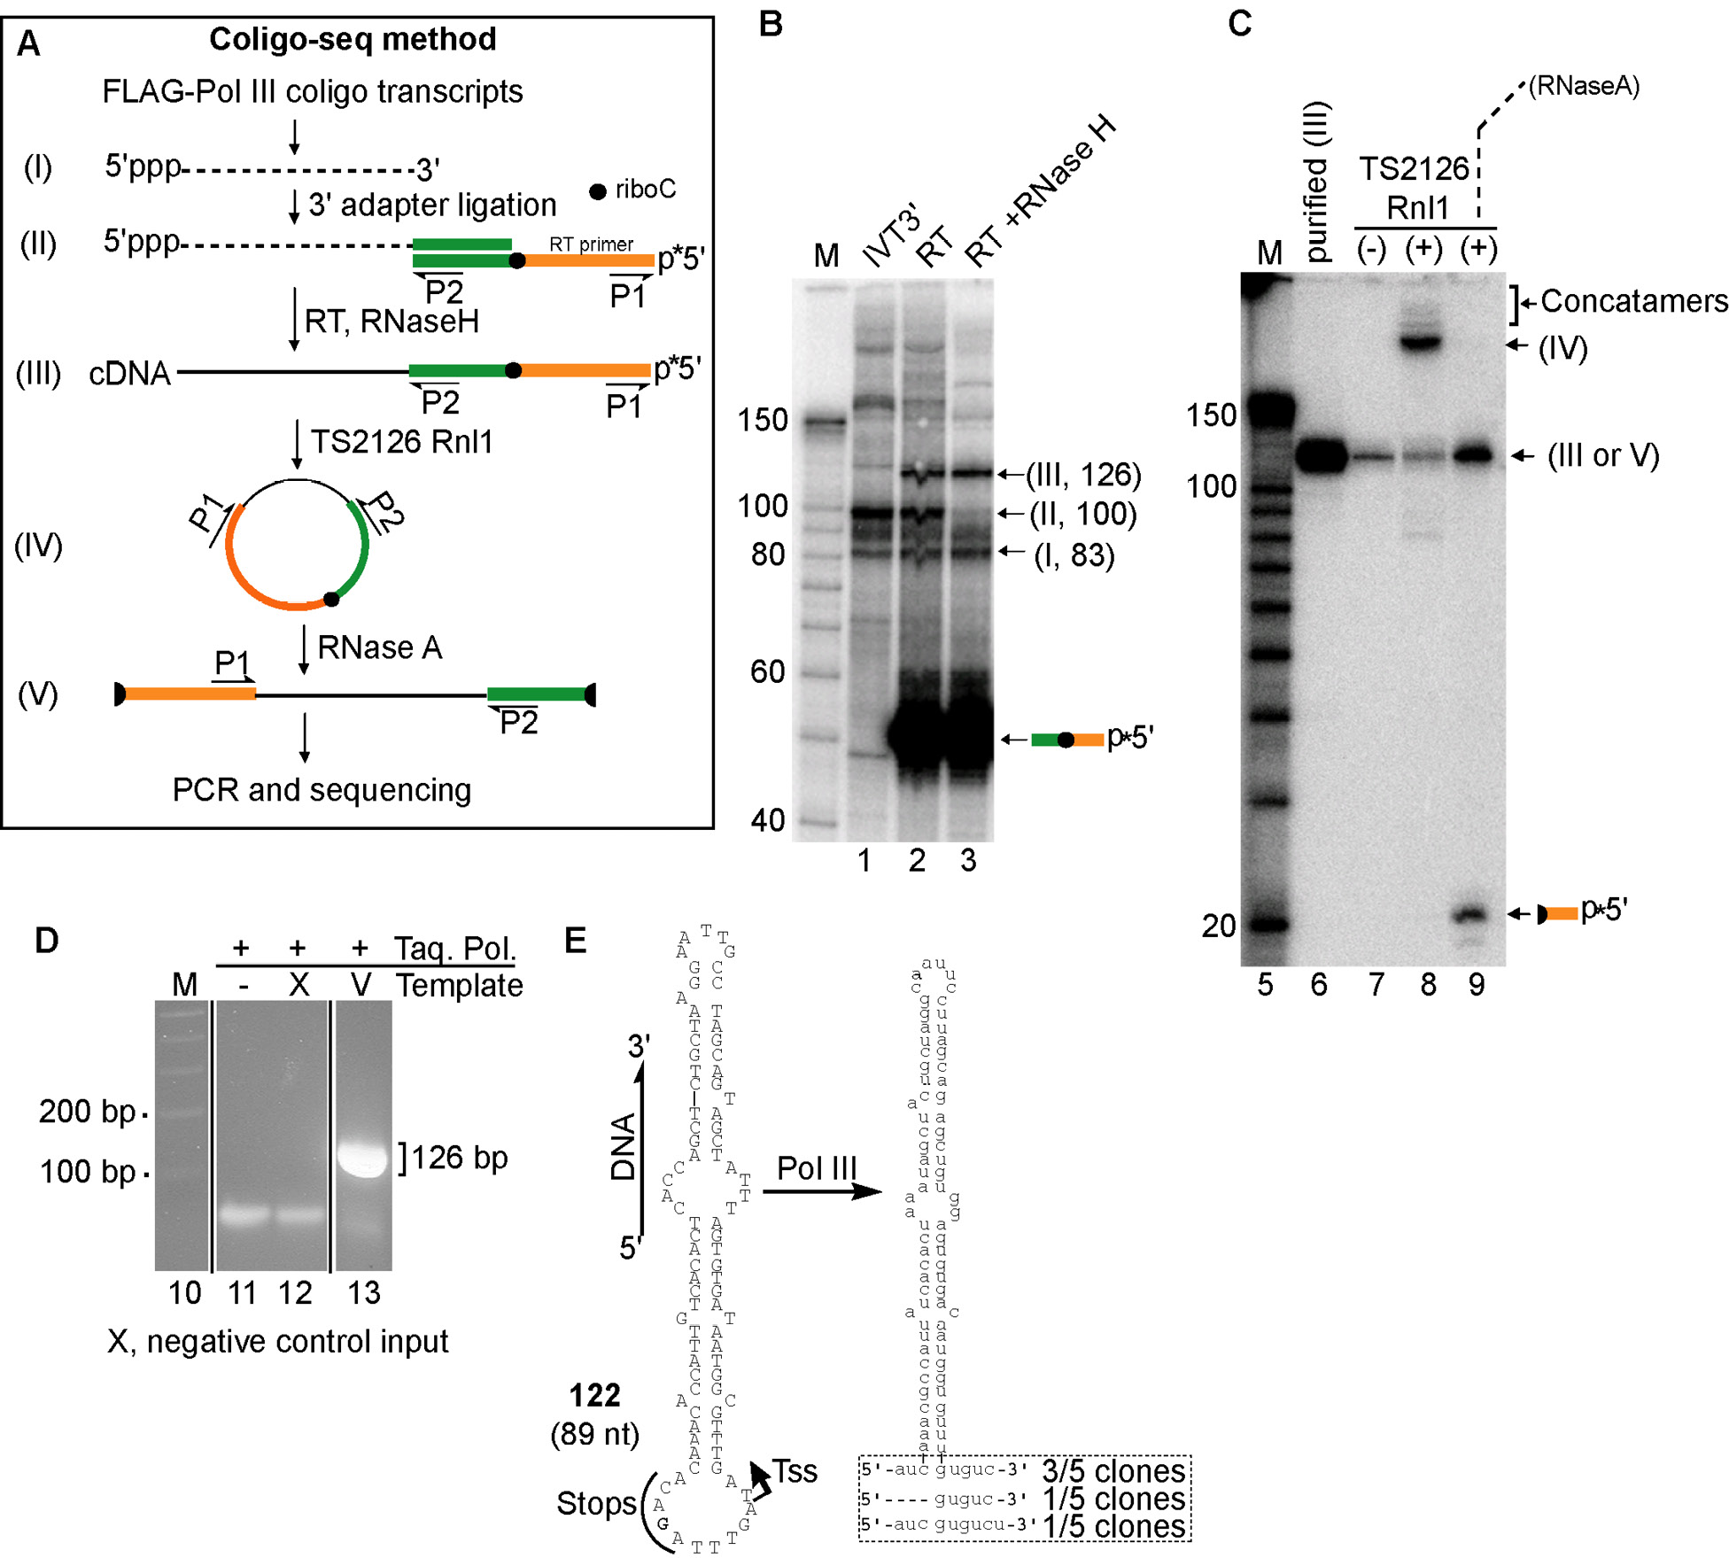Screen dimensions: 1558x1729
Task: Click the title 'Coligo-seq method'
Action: [x=352, y=39]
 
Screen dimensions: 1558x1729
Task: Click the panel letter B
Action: [x=771, y=24]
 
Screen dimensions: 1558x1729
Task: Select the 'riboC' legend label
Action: [x=644, y=189]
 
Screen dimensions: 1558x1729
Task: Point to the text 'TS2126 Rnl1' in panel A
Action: [x=401, y=441]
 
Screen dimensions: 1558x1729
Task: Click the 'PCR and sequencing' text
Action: [x=322, y=789]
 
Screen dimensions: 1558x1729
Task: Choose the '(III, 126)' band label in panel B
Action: [x=1082, y=475]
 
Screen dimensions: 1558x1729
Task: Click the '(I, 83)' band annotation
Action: [x=1074, y=555]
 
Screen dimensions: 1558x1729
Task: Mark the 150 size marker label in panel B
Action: [x=763, y=419]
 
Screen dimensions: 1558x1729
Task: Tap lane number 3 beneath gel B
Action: [x=968, y=859]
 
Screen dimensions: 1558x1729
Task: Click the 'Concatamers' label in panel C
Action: [x=1633, y=301]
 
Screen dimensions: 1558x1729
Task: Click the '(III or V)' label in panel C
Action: [x=1602, y=455]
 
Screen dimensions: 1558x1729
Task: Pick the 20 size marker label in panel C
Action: [x=1218, y=926]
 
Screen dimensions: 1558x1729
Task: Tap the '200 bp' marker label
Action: [x=87, y=1111]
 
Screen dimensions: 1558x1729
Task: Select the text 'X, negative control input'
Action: [x=277, y=1341]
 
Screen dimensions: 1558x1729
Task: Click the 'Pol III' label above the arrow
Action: [x=817, y=1167]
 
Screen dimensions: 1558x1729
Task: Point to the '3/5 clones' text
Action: [x=1113, y=1471]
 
